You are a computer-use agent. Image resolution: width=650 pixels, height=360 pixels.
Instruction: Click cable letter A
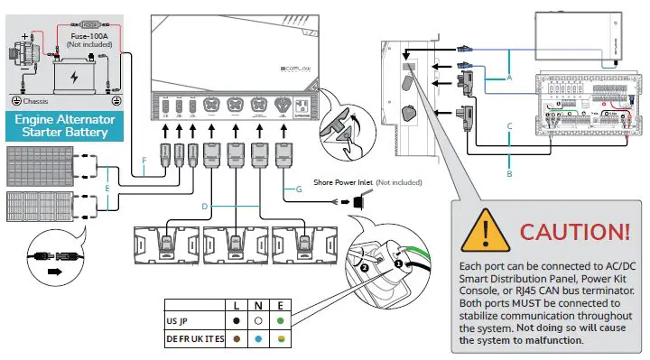(509, 78)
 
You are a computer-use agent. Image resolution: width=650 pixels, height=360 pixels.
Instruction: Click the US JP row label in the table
(179, 320)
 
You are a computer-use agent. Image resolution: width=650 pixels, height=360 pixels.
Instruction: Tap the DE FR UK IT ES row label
(194, 338)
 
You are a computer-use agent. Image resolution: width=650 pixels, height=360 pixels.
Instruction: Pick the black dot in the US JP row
(235, 320)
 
